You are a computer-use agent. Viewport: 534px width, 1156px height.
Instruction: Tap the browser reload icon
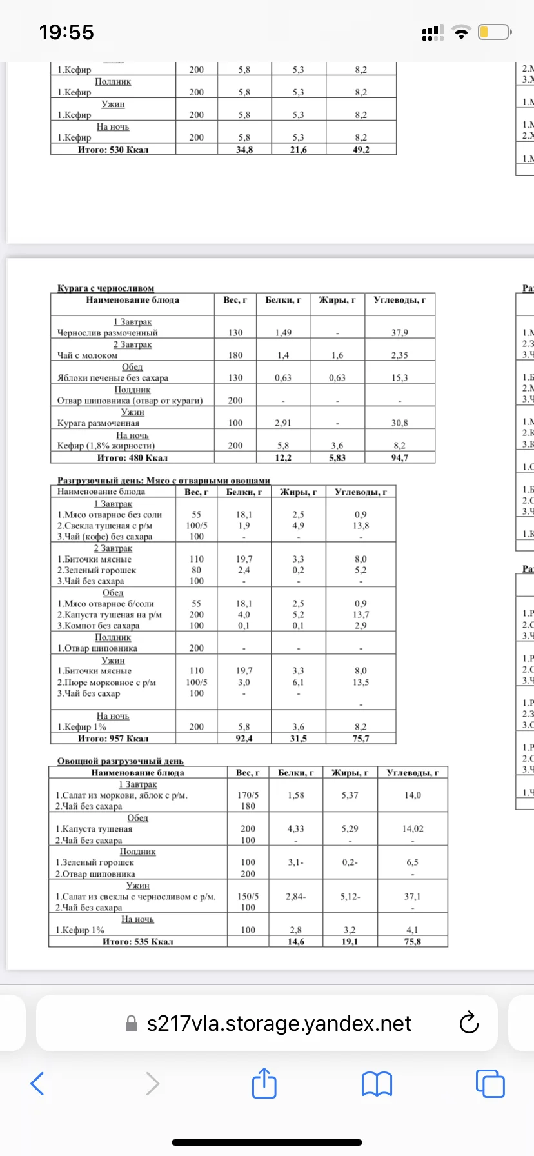tap(468, 1023)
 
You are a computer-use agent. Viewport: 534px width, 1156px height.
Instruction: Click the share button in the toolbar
tap(264, 1083)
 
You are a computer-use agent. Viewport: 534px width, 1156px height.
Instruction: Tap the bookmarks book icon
tap(377, 1084)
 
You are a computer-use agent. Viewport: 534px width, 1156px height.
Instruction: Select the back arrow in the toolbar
tap(38, 1084)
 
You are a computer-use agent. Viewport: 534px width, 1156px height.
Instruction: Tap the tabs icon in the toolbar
tap(489, 1084)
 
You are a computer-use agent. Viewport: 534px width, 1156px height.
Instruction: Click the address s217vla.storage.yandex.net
tap(279, 1024)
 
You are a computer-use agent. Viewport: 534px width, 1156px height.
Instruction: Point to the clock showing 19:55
tap(66, 32)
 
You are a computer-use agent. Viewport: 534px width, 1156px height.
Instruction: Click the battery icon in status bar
tap(494, 32)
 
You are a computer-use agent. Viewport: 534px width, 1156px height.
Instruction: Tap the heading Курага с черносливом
tap(106, 288)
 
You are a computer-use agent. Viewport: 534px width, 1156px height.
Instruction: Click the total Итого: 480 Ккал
tap(132, 458)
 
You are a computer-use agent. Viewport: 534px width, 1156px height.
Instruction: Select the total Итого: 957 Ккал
tap(113, 739)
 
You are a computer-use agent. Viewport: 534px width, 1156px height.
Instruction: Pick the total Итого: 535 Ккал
tap(137, 942)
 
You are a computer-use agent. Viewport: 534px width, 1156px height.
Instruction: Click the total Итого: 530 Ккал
tap(113, 150)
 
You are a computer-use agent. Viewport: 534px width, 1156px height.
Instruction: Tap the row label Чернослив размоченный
tap(108, 333)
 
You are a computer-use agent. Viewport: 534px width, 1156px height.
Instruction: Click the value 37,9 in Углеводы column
tap(399, 333)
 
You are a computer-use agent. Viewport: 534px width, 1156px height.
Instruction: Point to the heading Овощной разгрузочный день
tap(121, 761)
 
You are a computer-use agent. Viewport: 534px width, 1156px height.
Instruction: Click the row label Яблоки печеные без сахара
tap(113, 378)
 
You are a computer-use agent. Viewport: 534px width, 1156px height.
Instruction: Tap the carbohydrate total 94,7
tap(399, 458)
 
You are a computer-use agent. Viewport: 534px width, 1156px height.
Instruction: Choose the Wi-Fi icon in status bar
tap(461, 33)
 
